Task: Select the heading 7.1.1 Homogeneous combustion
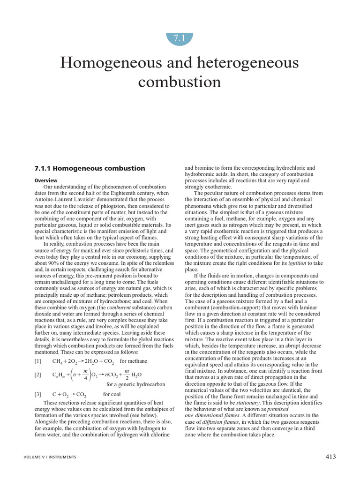click(90, 168)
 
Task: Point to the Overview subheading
click(46, 180)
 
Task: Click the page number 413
click(330, 457)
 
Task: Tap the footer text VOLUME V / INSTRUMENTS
click(50, 457)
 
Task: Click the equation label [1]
click(38, 361)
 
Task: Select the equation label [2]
click(38, 375)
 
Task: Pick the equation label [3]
click(38, 394)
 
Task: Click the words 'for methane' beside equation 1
click(134, 361)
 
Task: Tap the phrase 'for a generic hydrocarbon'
click(136, 384)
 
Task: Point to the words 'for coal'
click(112, 394)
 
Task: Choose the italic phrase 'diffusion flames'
click(217, 422)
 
